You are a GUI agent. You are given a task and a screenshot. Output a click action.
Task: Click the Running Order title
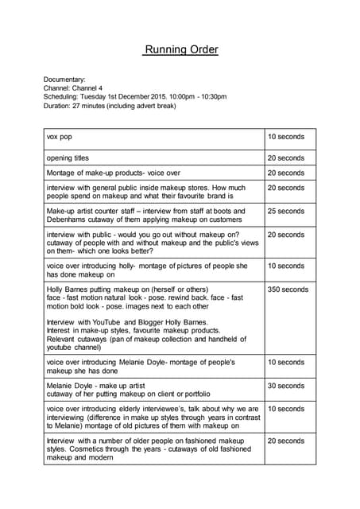coord(180,50)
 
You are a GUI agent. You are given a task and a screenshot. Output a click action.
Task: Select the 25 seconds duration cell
coord(285,212)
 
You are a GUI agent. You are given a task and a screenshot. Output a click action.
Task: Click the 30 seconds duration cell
coord(285,386)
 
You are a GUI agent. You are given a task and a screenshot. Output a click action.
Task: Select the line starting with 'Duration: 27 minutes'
coord(109,106)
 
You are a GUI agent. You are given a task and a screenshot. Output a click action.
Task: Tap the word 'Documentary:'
coord(64,80)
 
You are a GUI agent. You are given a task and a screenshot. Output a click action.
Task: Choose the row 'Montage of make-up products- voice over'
coord(114,173)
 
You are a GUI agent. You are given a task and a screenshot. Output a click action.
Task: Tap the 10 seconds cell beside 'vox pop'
coord(285,137)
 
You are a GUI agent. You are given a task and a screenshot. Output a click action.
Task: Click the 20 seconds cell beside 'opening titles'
coord(285,158)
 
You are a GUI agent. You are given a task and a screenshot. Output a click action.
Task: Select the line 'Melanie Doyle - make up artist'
coord(95,386)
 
